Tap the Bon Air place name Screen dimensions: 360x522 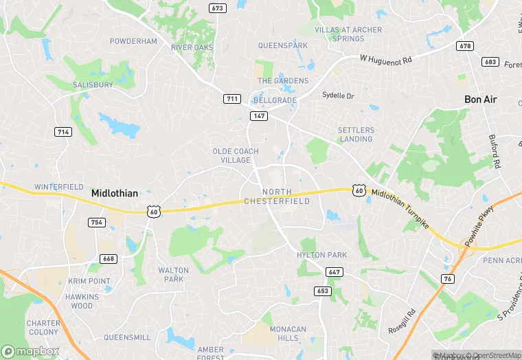[480, 100]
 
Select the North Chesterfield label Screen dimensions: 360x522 [277, 196]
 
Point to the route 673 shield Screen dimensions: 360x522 [218, 8]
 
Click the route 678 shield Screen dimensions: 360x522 [465, 46]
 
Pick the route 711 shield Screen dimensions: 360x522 [232, 99]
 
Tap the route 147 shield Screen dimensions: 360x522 [258, 116]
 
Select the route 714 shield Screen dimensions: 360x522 [63, 132]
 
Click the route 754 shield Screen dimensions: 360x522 [96, 222]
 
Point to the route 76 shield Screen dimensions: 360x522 [447, 278]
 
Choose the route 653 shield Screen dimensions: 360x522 [323, 291]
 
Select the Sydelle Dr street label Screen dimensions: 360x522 [338, 95]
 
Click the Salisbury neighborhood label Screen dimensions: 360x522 [93, 85]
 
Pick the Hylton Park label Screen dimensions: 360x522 [321, 255]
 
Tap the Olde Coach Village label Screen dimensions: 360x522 [236, 155]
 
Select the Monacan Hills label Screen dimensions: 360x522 [288, 334]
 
